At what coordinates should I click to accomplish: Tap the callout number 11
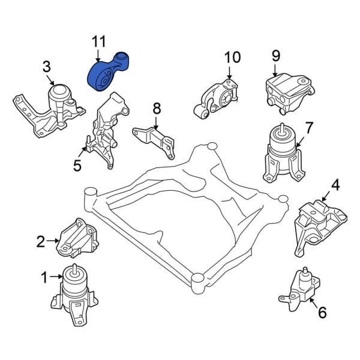click(x=98, y=42)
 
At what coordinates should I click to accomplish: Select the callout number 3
click(x=47, y=65)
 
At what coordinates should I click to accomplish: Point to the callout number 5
click(x=77, y=164)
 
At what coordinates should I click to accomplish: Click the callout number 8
click(x=156, y=109)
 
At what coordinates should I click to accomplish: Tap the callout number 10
click(x=232, y=58)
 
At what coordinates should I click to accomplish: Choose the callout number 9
click(x=275, y=56)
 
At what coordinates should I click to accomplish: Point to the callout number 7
click(x=308, y=127)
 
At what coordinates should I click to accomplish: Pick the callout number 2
click(x=40, y=242)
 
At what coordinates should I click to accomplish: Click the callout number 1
click(x=43, y=277)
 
